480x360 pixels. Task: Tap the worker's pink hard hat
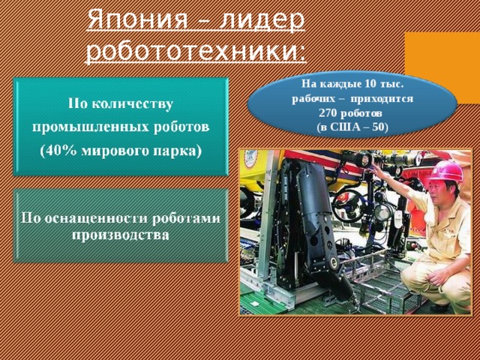click(x=445, y=172)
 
